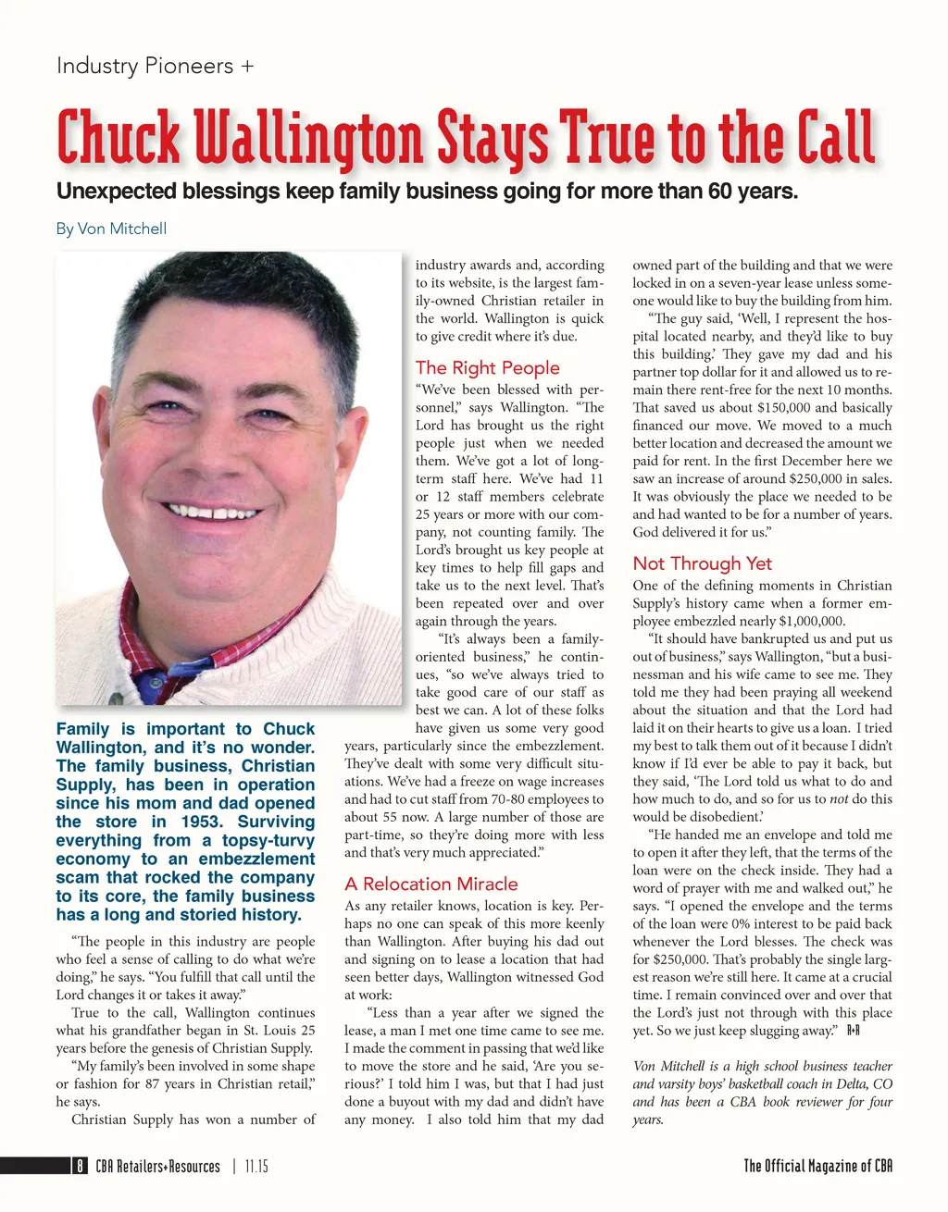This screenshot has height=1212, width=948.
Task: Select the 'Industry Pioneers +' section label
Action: [155, 67]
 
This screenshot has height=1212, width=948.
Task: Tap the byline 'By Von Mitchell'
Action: [111, 229]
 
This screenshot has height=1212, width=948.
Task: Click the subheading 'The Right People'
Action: [487, 367]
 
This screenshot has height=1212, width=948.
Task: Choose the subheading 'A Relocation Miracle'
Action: [430, 884]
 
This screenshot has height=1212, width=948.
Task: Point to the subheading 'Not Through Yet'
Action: [702, 563]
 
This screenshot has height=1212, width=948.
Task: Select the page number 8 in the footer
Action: [81, 1167]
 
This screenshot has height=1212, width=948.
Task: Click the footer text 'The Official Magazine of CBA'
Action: [817, 1166]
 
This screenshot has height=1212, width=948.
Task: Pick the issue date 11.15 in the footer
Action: [256, 1167]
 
